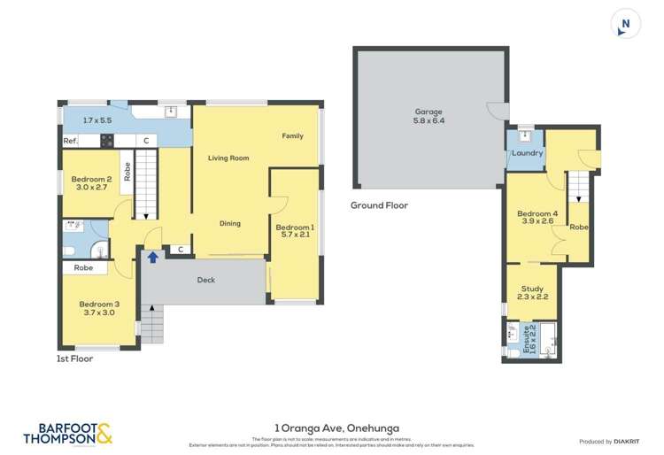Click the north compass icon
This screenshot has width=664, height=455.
[626, 24]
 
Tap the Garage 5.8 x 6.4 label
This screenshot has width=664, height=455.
[429, 116]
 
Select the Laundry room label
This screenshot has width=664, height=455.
[527, 153]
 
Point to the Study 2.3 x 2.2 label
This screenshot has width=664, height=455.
[531, 293]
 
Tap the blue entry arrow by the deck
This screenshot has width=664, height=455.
[153, 257]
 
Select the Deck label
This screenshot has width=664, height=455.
[205, 281]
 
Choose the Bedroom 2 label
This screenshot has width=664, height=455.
[90, 182]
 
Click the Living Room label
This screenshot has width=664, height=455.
[228, 158]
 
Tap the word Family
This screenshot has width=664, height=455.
[292, 136]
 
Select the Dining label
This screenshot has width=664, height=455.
[230, 224]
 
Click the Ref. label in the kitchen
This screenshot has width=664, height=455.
[70, 141]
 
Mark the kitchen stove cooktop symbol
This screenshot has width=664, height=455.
[107, 140]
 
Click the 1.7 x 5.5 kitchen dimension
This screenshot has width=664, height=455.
[98, 120]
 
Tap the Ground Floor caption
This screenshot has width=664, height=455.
[379, 205]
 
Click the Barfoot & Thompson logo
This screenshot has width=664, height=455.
[67, 432]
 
